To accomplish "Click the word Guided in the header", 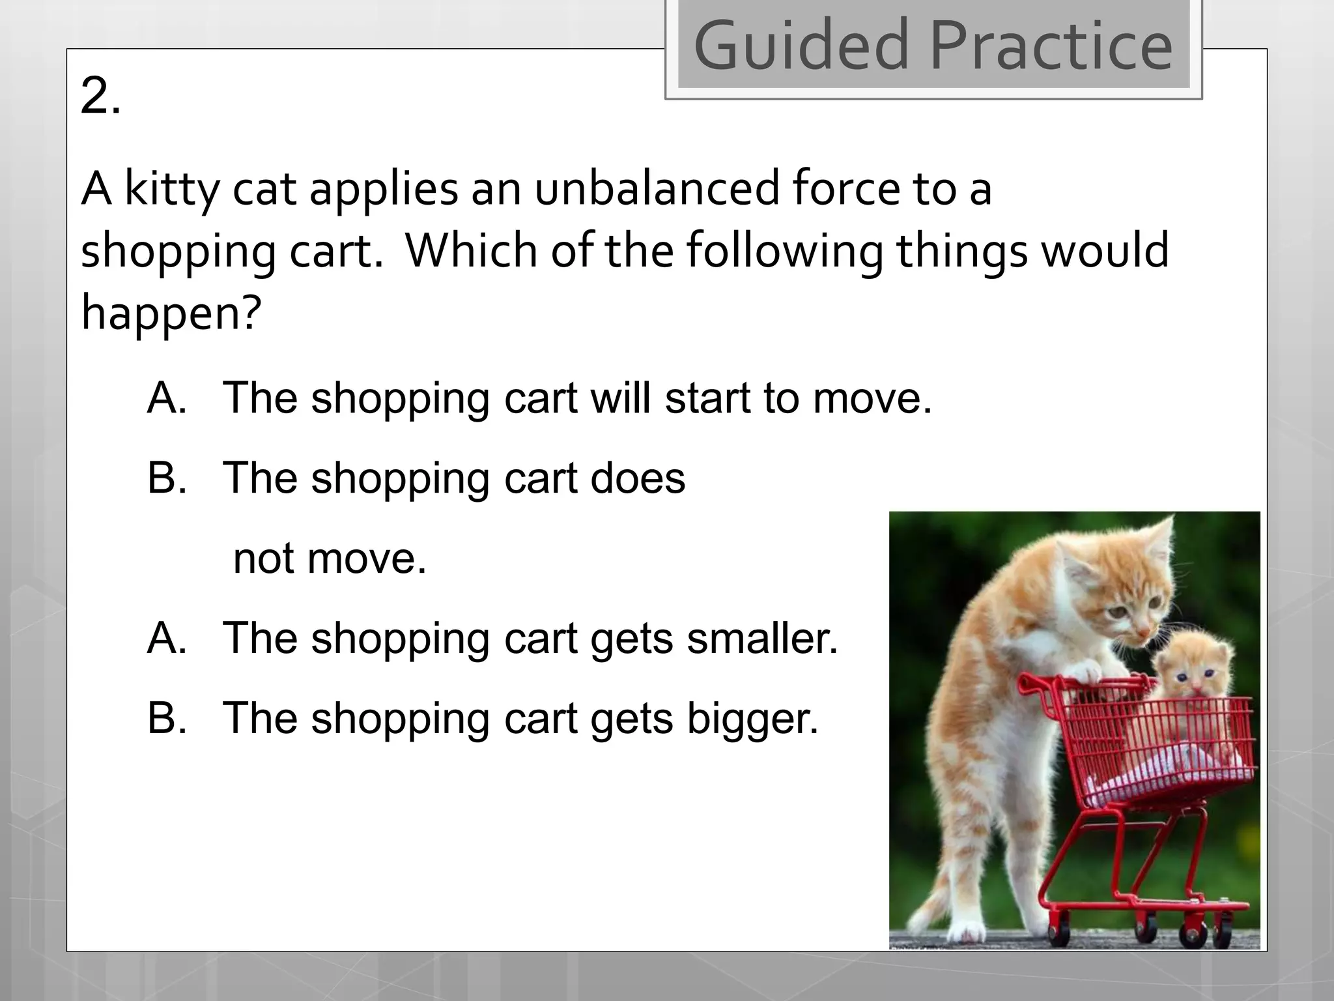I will (801, 46).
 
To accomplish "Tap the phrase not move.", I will (330, 559).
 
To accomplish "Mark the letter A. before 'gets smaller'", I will (167, 638).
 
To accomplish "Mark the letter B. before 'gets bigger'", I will (167, 718).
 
